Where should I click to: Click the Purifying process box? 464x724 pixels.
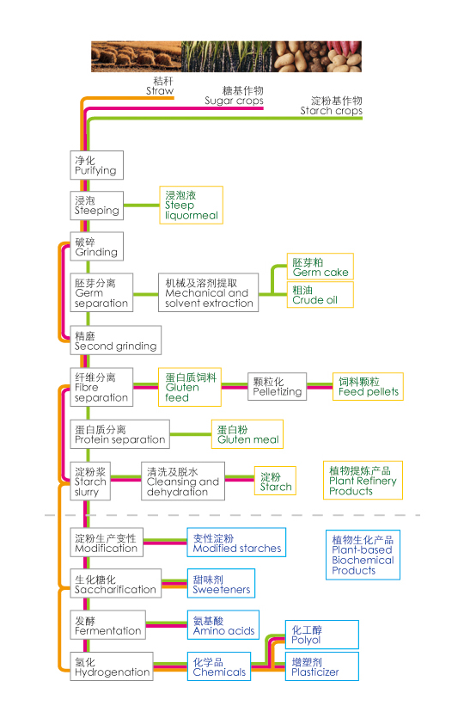(x=96, y=165)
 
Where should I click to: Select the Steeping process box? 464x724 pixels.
(x=96, y=206)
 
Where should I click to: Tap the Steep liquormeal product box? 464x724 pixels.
(x=191, y=206)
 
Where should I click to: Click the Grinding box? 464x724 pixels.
(x=96, y=247)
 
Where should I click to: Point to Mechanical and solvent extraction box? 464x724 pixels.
(x=208, y=293)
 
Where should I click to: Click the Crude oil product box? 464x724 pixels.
(x=320, y=295)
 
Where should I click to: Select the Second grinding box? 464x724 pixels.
(x=115, y=341)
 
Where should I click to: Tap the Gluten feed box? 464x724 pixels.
(x=190, y=387)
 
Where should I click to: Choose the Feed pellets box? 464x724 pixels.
(x=368, y=386)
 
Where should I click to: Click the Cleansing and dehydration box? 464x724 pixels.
(x=183, y=482)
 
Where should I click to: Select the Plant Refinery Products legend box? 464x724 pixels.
(x=363, y=481)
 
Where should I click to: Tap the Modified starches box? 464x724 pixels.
(x=236, y=543)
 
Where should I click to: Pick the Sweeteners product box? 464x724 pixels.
(x=221, y=585)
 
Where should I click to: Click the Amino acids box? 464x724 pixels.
(x=223, y=626)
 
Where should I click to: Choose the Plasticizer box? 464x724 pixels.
(x=322, y=667)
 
